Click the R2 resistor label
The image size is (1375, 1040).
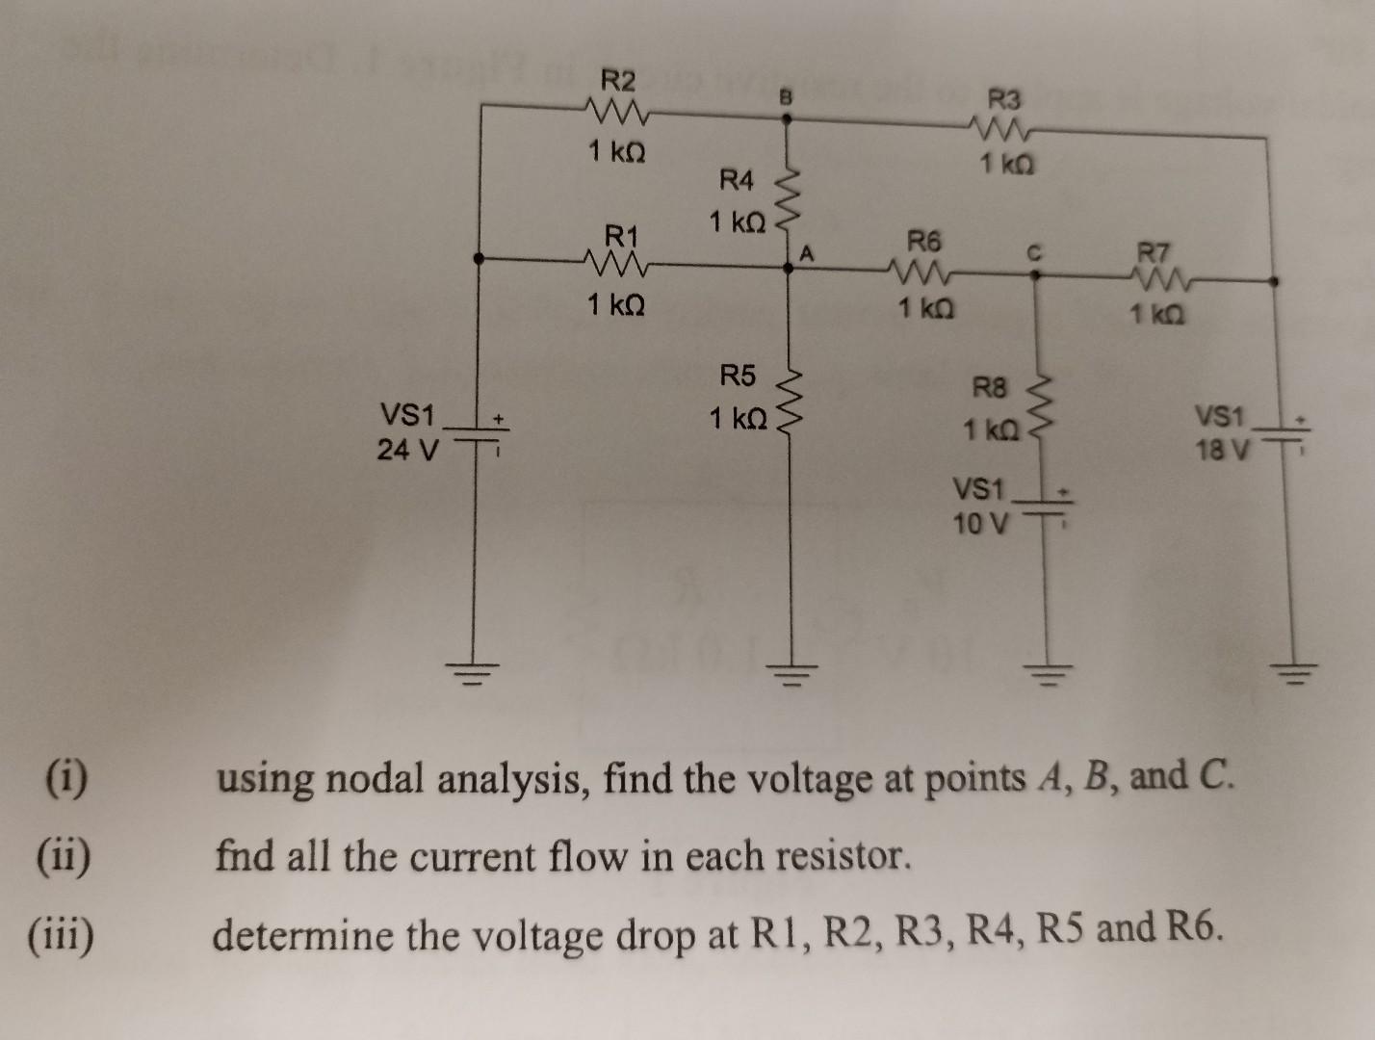pyautogui.click(x=617, y=78)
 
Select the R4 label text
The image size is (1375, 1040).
pyautogui.click(x=738, y=180)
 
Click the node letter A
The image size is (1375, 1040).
pyautogui.click(x=808, y=254)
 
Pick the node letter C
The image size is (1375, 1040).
pyautogui.click(x=1033, y=252)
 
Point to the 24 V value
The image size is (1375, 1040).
pyautogui.click(x=406, y=449)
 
